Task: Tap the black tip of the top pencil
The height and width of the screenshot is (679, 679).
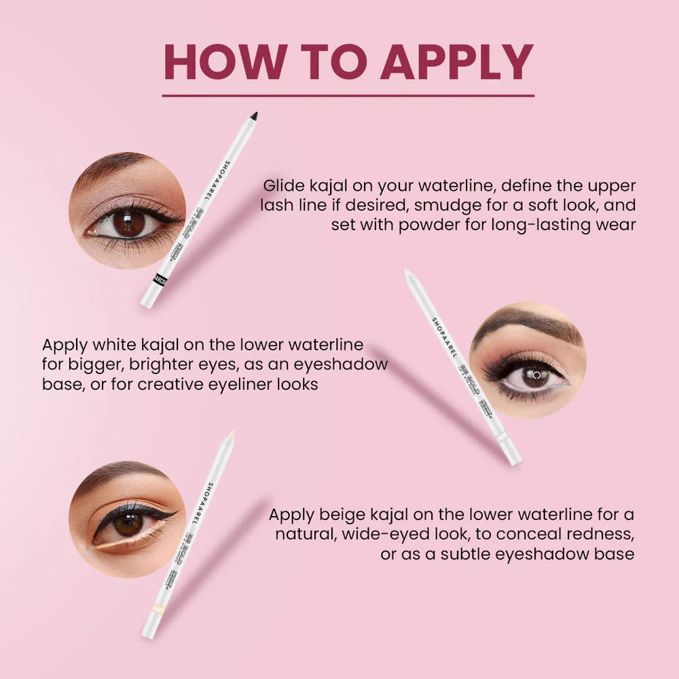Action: click(254, 116)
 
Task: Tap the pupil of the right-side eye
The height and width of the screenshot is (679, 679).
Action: click(536, 375)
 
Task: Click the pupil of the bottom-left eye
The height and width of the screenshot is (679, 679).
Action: click(128, 524)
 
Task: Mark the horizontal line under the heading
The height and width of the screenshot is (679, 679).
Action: click(348, 96)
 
